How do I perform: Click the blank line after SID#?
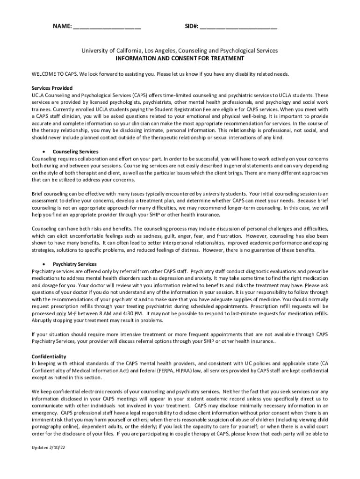238,28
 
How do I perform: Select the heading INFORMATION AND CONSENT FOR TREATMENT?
180,58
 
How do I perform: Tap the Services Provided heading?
52,88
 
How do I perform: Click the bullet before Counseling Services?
43,152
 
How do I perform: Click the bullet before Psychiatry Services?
43,264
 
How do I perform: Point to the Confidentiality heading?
49,356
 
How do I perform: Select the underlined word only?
61,313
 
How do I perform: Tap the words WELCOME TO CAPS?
54,74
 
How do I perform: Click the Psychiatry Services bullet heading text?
75,264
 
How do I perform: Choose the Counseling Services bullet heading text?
75,152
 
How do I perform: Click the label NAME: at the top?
61,27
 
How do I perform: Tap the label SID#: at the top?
190,27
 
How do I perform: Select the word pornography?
46,427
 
